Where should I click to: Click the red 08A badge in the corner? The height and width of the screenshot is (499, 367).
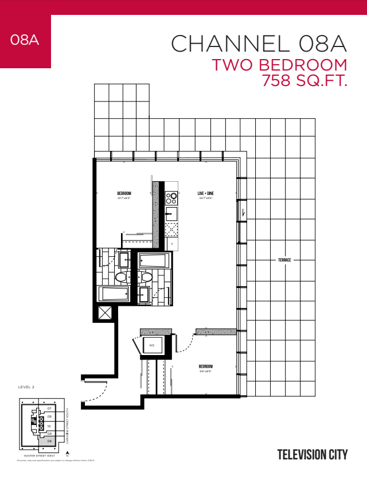(25, 41)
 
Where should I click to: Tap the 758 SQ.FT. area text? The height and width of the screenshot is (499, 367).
(304, 80)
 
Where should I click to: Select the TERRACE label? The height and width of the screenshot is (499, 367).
(284, 260)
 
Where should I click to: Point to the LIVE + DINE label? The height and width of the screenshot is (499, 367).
(205, 193)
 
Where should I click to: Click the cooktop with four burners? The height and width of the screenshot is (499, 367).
(171, 199)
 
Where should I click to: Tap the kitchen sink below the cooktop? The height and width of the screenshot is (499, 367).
(171, 215)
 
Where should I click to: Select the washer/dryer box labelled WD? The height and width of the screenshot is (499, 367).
(152, 345)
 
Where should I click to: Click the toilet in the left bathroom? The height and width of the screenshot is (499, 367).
(121, 278)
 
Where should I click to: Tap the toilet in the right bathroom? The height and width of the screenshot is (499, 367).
(146, 278)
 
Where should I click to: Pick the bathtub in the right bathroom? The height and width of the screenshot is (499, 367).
(154, 261)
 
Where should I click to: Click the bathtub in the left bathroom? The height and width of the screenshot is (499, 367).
(115, 294)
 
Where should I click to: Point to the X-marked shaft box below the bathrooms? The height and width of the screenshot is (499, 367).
(106, 313)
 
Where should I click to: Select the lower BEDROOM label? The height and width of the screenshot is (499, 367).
(205, 367)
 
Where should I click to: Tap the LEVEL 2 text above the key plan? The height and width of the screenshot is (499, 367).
(26, 387)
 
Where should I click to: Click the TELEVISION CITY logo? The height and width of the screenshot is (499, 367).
(313, 455)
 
